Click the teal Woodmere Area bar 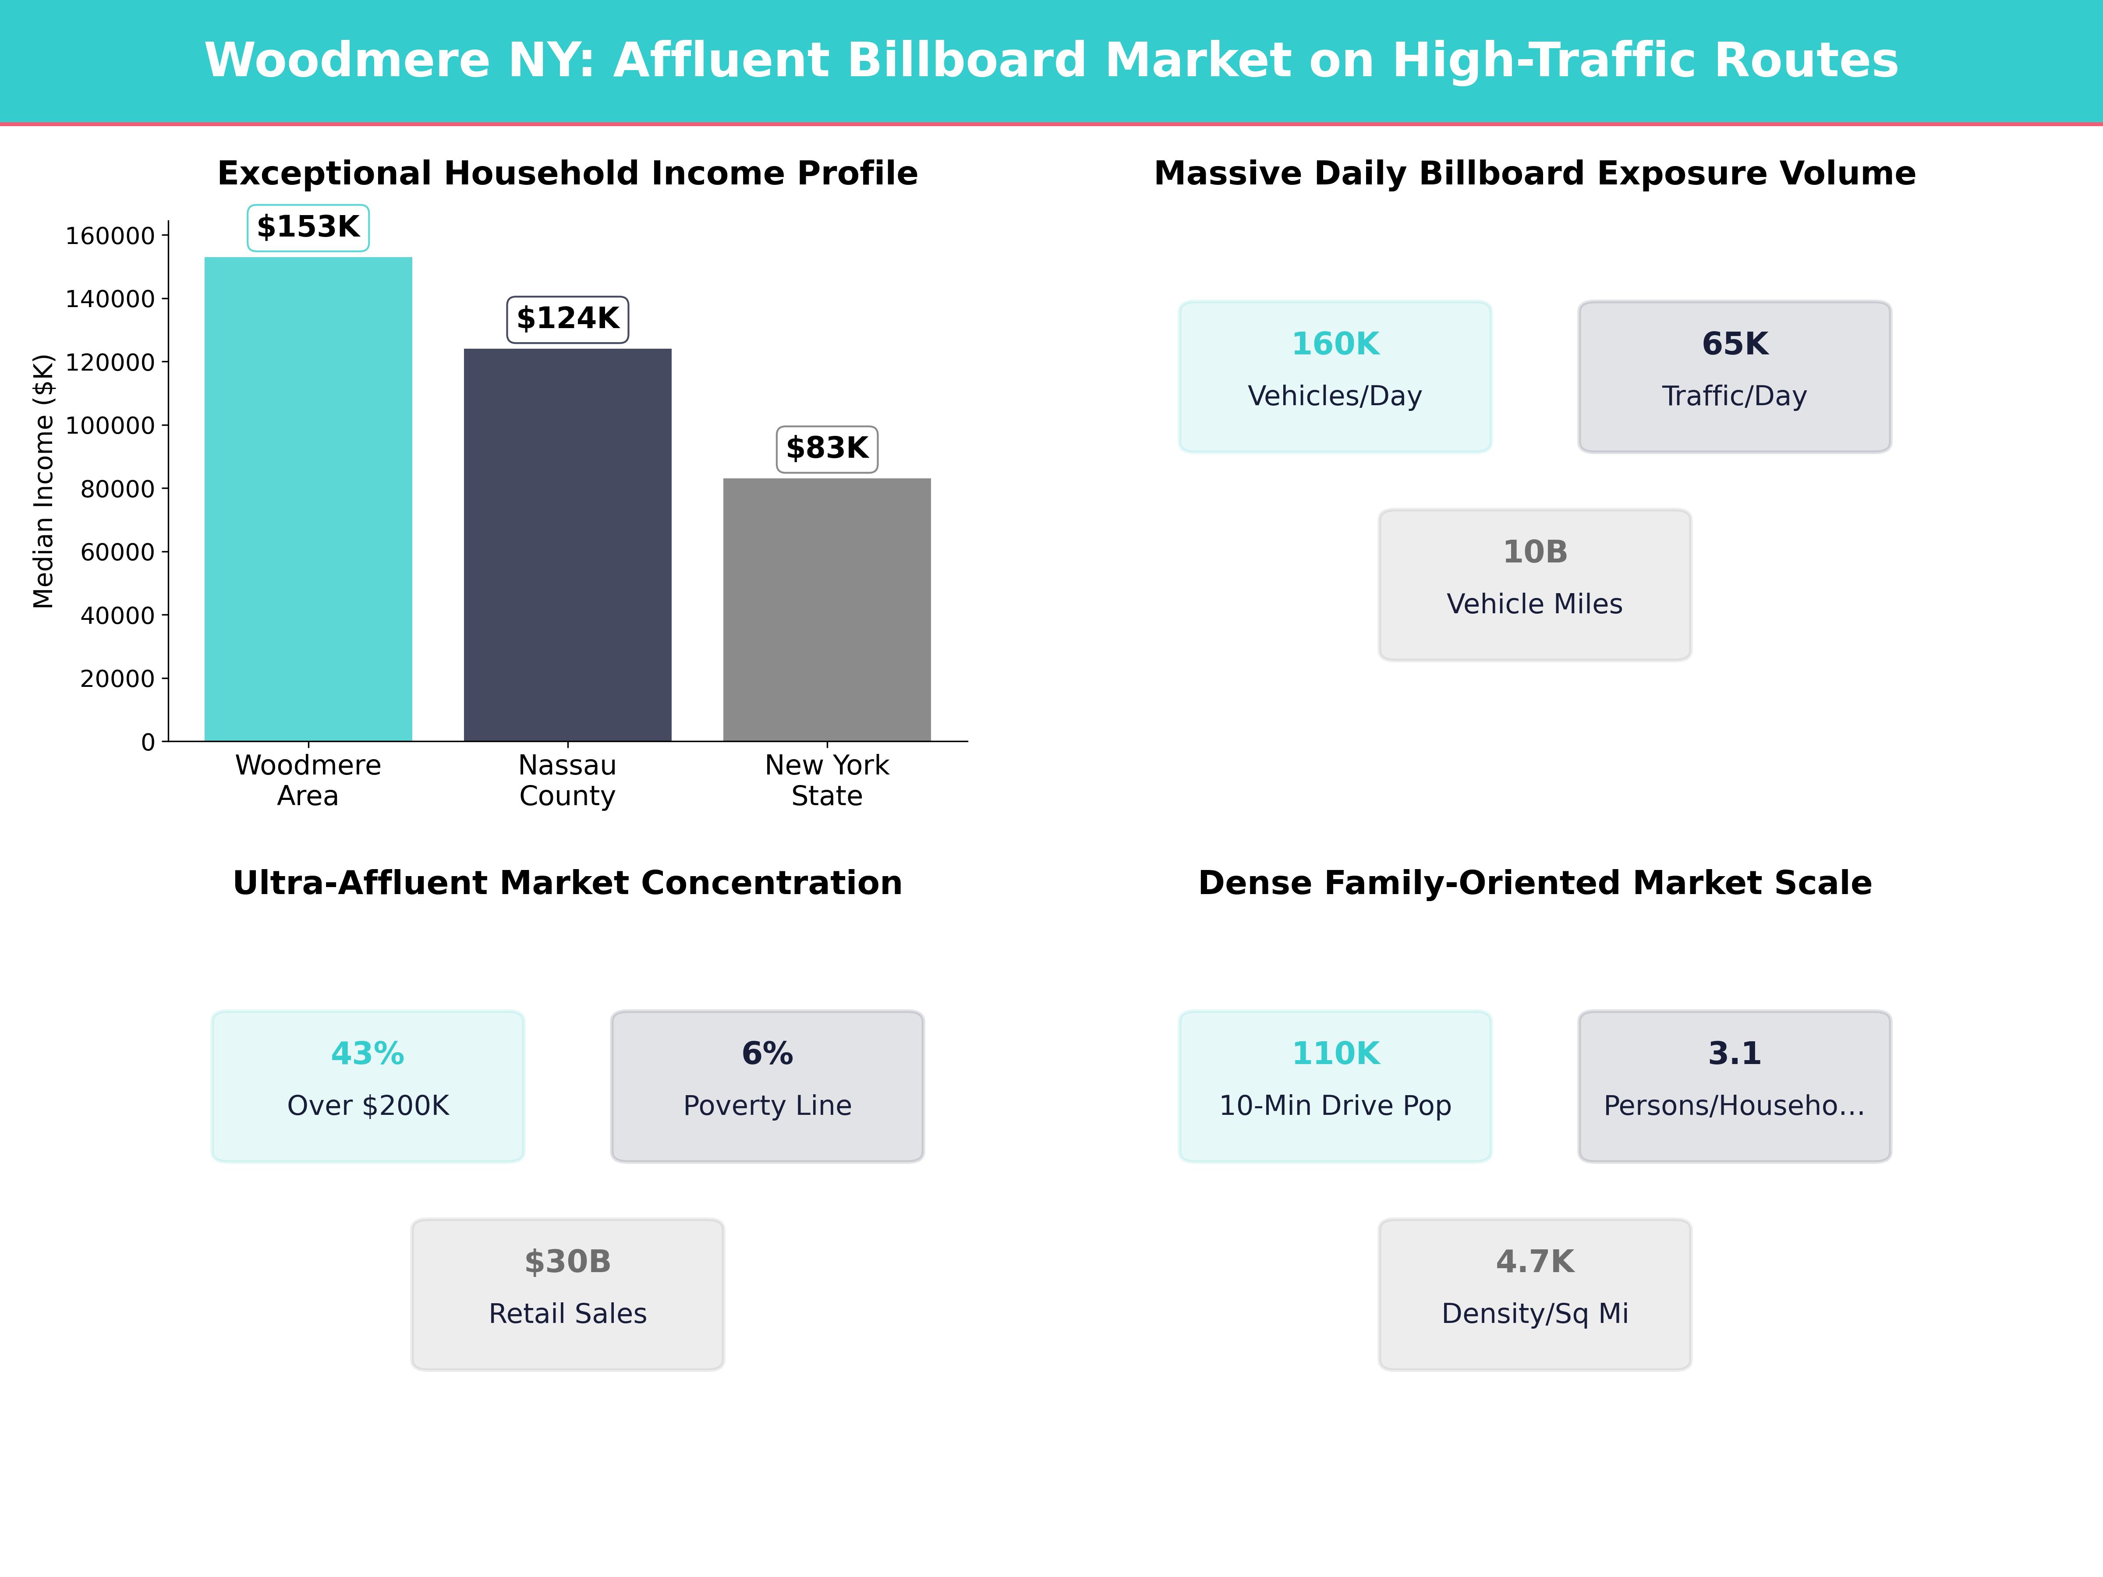point(308,499)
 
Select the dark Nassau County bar point(567,545)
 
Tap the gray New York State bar point(827,609)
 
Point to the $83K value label point(827,449)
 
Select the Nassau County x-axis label point(567,781)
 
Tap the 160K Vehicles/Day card point(1335,376)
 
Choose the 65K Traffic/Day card point(1734,376)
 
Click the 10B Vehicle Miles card point(1534,585)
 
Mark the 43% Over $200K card point(368,1086)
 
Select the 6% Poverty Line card point(767,1086)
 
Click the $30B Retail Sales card point(567,1294)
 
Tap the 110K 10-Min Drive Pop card point(1335,1086)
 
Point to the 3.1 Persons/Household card point(1734,1086)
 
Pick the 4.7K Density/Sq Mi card point(1534,1294)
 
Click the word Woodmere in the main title point(347,61)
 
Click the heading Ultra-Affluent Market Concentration point(567,883)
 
